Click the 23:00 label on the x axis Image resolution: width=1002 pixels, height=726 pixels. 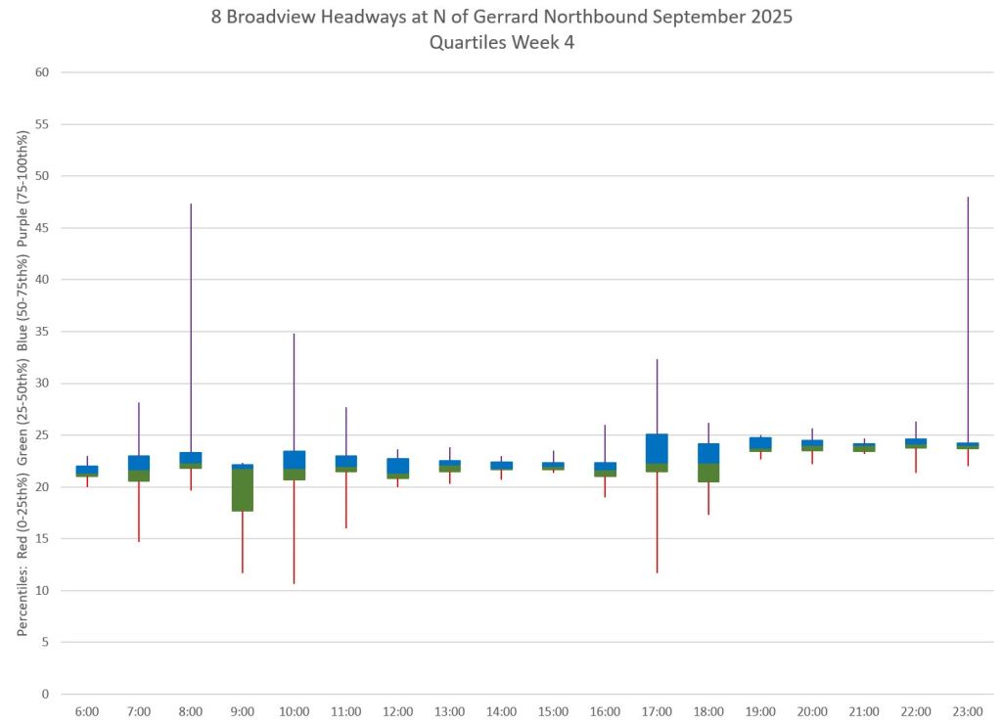pyautogui.click(x=968, y=711)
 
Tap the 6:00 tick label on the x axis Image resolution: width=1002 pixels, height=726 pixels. pyautogui.click(x=87, y=711)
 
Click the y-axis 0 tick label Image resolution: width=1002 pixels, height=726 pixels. pyautogui.click(x=44, y=695)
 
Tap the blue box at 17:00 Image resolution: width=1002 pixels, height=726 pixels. pyautogui.click(x=657, y=448)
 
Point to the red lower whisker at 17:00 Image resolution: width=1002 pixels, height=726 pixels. pyautogui.click(x=657, y=522)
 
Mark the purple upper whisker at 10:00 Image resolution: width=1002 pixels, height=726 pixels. pyautogui.click(x=295, y=391)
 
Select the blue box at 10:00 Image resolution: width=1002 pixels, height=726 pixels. pyautogui.click(x=295, y=459)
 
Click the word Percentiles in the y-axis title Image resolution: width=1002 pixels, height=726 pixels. pyautogui.click(x=22, y=607)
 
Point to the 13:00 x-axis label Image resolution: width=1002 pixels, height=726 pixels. pyautogui.click(x=450, y=711)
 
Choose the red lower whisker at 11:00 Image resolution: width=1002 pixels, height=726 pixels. pyautogui.click(x=346, y=500)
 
